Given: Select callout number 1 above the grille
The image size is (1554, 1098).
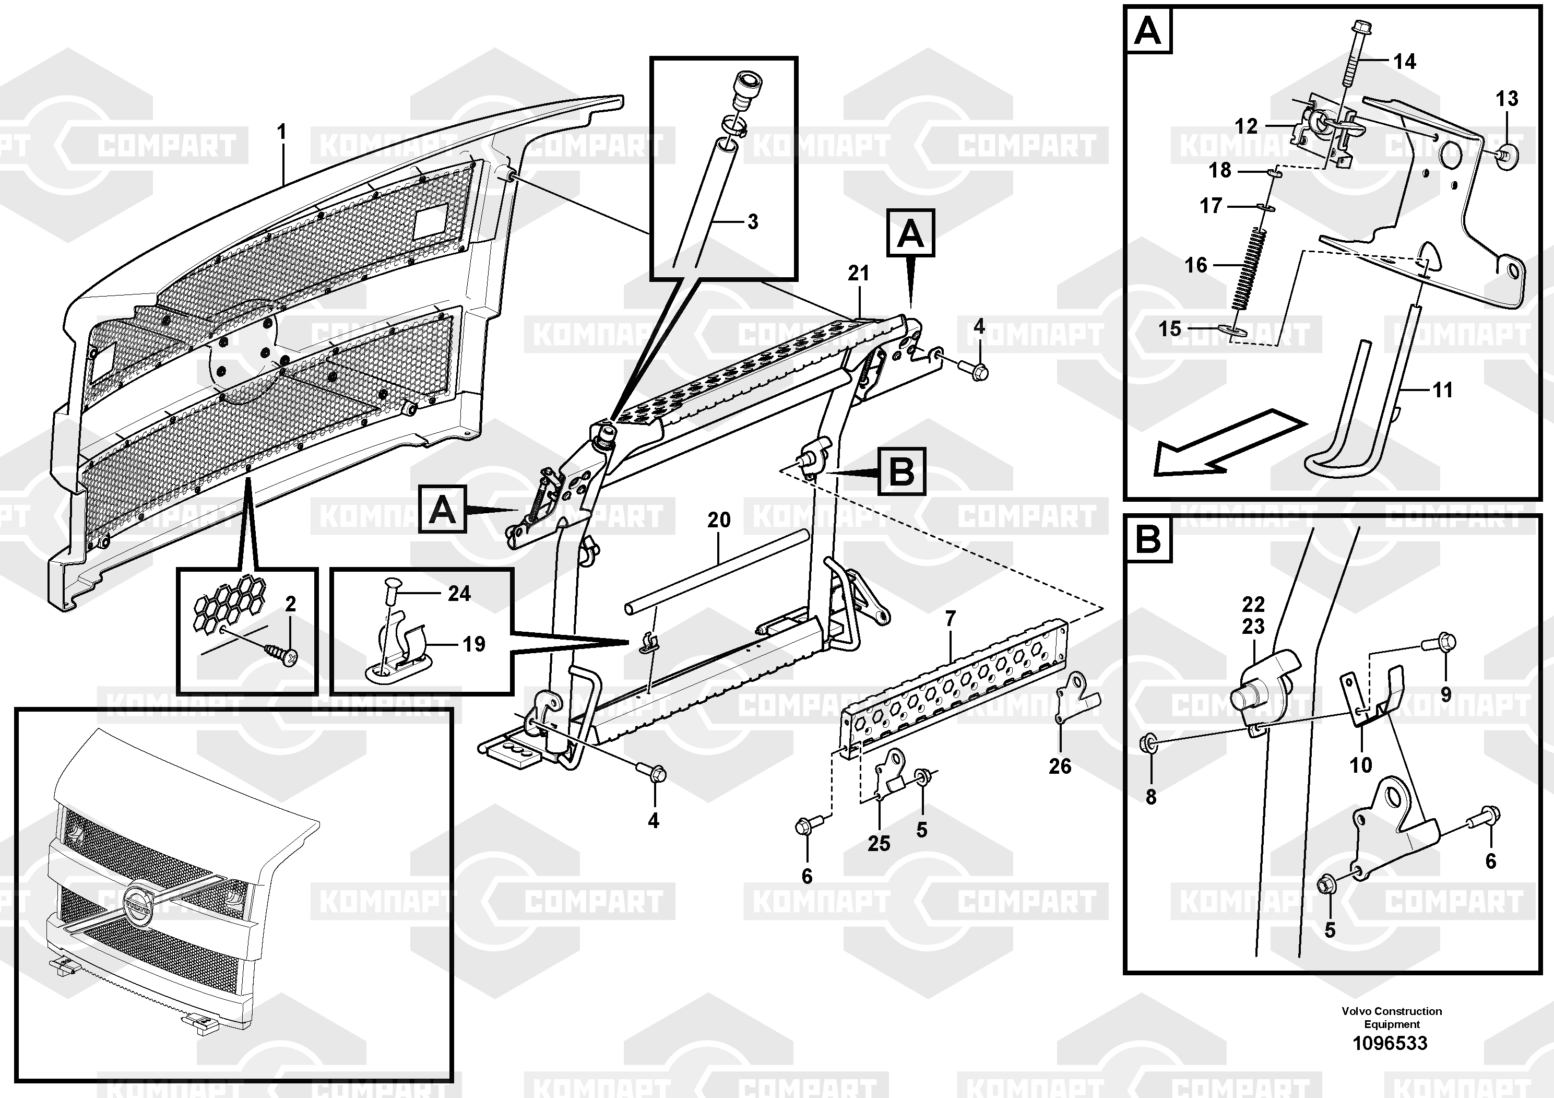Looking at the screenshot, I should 281,132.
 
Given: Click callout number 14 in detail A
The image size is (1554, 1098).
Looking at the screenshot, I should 1404,62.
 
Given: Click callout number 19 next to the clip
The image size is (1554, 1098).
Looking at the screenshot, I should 474,644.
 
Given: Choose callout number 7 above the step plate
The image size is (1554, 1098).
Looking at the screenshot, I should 950,618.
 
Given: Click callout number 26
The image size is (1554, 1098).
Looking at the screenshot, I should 1060,766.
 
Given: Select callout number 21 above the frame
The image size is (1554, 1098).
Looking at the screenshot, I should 858,274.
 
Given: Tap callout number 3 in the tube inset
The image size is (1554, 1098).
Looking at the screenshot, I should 753,221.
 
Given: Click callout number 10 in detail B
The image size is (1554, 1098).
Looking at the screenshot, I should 1360,765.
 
